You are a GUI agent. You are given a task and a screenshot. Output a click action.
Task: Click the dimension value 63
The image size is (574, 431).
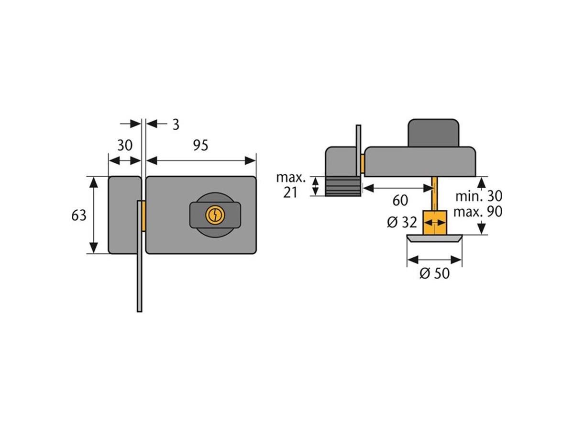[79, 215]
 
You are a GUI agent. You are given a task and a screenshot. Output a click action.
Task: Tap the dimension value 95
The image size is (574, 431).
[200, 146]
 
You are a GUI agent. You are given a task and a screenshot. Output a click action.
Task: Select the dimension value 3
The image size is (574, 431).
[176, 125]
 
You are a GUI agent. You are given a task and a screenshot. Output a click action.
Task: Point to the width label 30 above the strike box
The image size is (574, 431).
[125, 146]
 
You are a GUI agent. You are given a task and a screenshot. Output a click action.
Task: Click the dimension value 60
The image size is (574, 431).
[400, 201]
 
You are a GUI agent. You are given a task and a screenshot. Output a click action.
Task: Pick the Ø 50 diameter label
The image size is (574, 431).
[434, 273]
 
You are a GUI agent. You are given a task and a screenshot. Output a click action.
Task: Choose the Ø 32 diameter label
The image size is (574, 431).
[402, 223]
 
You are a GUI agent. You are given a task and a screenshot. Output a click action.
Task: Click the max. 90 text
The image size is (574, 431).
[477, 212]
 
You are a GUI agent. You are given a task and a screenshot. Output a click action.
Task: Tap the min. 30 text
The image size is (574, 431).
[479, 196]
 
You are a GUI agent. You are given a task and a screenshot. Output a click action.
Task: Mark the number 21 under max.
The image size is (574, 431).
[290, 193]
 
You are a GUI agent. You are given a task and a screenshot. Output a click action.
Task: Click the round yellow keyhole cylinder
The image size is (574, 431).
[215, 215]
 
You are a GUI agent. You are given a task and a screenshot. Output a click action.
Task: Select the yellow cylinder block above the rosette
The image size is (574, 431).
[435, 222]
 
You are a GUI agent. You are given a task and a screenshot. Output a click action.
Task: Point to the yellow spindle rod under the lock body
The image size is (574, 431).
[435, 193]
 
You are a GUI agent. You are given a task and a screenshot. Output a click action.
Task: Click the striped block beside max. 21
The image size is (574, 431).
[343, 186]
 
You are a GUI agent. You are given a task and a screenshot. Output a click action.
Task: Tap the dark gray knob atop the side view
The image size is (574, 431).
[433, 133]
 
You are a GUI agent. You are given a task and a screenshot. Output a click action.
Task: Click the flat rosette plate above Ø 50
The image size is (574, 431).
[434, 238]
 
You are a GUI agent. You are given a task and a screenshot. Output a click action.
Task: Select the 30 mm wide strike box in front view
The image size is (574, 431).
[124, 215]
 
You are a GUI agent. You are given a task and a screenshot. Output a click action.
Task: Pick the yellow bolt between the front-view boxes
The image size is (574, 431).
[143, 216]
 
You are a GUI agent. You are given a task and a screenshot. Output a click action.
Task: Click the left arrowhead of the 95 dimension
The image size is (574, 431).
[152, 161]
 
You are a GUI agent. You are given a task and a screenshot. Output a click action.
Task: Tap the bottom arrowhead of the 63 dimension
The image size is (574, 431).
[94, 248]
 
